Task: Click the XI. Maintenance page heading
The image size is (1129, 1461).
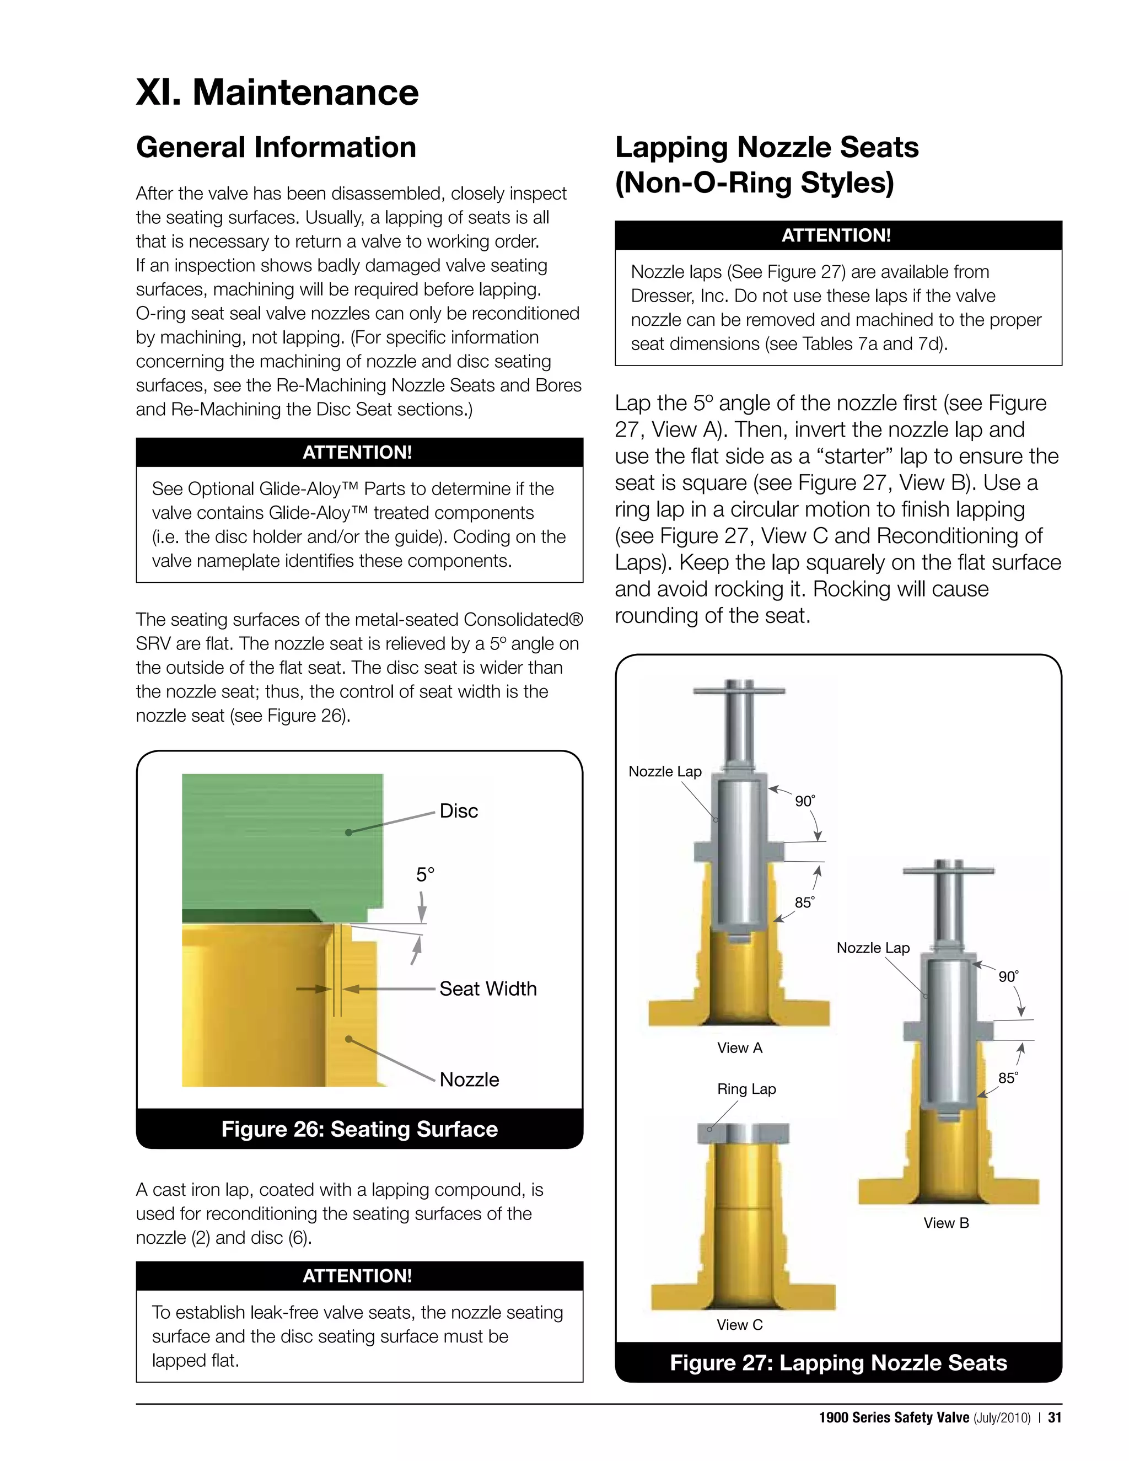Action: coord(277,92)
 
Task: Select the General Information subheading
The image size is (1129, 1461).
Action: coord(276,148)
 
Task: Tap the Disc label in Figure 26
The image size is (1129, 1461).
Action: coord(458,811)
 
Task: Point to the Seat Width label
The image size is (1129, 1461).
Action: coord(487,989)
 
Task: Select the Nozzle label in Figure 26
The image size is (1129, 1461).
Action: coord(469,1079)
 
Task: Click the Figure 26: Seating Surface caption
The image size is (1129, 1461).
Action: coord(359,1129)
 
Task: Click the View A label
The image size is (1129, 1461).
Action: coord(739,1048)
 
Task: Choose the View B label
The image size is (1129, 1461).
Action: coord(946,1223)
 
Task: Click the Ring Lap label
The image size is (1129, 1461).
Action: coord(746,1089)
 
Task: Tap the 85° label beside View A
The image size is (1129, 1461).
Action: coord(804,903)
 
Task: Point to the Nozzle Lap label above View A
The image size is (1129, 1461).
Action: coord(665,772)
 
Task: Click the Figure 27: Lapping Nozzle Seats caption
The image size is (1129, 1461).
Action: coord(838,1363)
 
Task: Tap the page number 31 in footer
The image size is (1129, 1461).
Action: coord(1055,1417)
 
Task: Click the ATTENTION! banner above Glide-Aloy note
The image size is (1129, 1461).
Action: coord(359,453)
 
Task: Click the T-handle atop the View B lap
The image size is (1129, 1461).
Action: coord(948,871)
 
